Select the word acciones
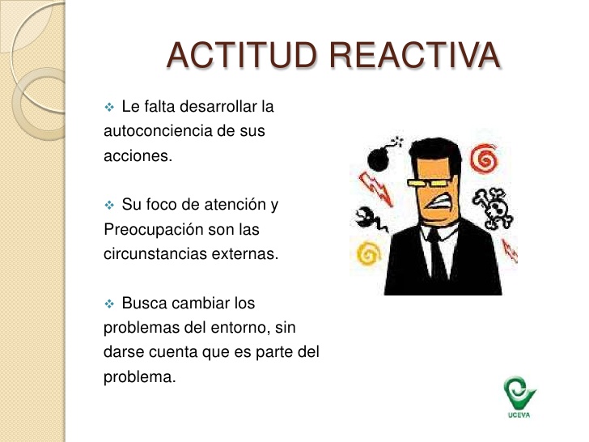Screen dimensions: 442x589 click(138, 155)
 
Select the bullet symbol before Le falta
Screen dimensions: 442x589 click(112, 107)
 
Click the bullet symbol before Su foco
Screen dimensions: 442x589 click(112, 206)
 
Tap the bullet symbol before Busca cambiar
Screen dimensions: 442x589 click(112, 304)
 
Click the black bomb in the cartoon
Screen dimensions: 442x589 click(376, 159)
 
